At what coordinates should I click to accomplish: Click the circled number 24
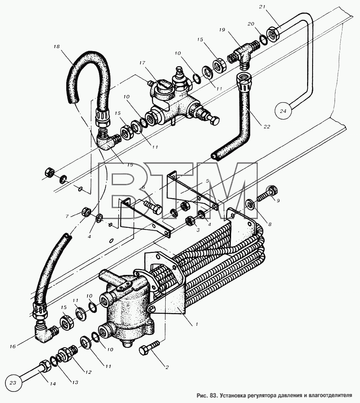[x=283, y=111]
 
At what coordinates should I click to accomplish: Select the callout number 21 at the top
[x=262, y=7]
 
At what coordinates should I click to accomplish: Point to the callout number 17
[x=142, y=63]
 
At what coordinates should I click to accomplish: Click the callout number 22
[x=267, y=126]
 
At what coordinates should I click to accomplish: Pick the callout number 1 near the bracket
[x=197, y=324]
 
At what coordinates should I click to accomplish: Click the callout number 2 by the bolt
[x=167, y=367]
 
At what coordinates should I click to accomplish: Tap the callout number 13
[x=75, y=382]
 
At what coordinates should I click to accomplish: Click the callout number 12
[x=88, y=372]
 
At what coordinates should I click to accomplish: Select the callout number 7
[x=67, y=216]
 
